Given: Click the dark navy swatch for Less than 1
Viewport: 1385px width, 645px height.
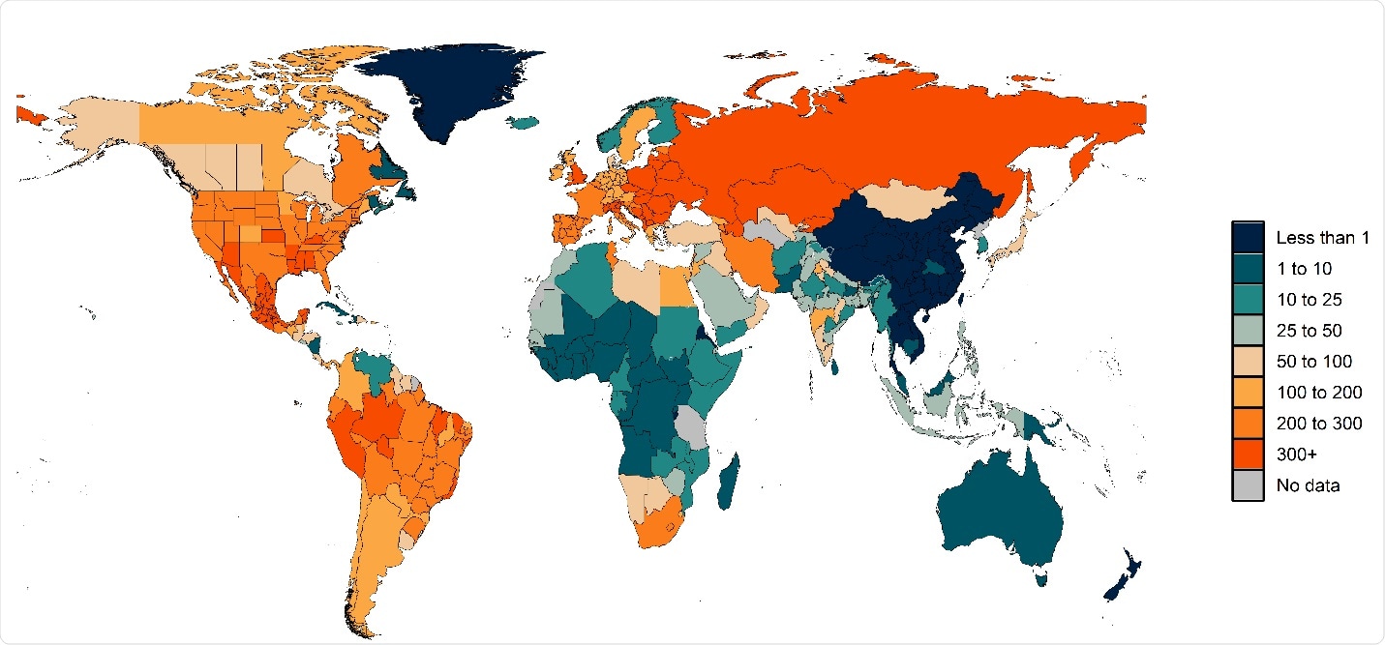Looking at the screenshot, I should [1249, 237].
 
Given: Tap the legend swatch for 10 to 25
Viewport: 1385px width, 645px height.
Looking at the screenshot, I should [1249, 300].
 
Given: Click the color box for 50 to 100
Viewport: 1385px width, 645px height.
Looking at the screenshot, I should [1249, 362].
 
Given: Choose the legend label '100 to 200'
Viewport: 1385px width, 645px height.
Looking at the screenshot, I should [1318, 393].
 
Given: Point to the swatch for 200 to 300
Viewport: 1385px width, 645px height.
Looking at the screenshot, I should [1249, 424].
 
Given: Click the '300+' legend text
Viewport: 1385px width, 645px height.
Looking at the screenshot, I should [1296, 454].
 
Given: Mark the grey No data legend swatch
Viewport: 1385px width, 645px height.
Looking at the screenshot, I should [1249, 485].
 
